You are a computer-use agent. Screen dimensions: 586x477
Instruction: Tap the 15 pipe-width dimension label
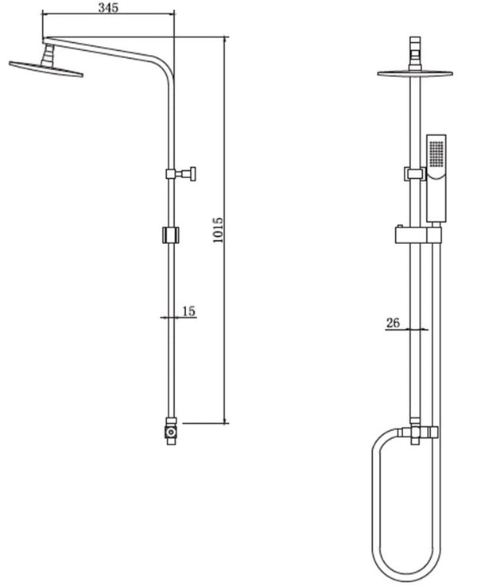tap(188, 311)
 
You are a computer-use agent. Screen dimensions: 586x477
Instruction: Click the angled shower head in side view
tap(47, 68)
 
